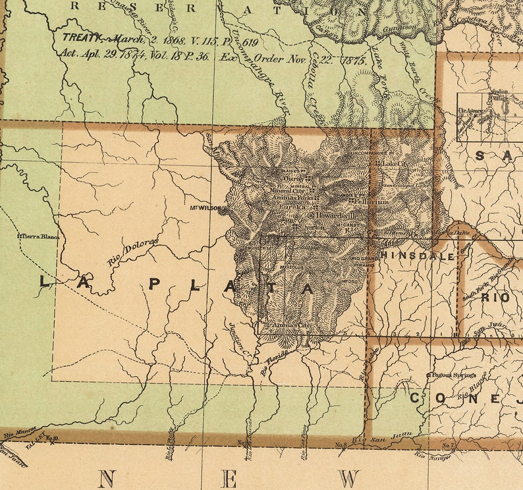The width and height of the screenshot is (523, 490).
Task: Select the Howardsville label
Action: tap(333, 215)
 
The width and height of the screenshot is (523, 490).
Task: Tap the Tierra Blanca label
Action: tap(39, 236)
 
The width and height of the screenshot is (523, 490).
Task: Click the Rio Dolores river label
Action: tap(132, 252)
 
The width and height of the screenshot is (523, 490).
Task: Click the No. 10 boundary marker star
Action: tap(51, 441)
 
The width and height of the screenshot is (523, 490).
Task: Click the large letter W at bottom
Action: tap(349, 478)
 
